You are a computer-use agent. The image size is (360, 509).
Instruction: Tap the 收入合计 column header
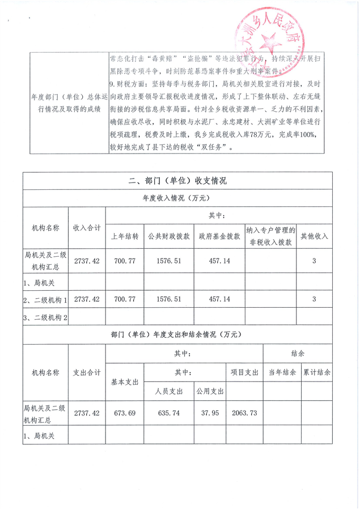[87, 227]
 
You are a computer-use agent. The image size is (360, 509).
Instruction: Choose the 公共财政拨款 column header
[168, 236]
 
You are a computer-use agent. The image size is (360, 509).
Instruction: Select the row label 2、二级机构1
[45, 299]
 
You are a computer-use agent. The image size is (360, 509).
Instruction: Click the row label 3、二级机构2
[45, 318]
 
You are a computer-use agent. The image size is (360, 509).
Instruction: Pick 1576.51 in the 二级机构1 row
[168, 299]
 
